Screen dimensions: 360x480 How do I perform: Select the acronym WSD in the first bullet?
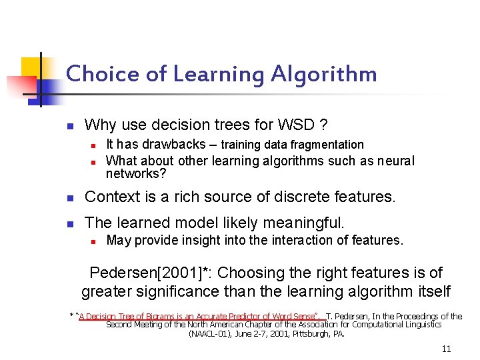click(x=298, y=125)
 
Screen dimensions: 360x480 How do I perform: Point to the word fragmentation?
click(x=330, y=145)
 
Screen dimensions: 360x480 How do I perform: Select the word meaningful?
click(x=310, y=223)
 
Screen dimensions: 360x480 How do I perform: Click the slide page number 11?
click(x=447, y=349)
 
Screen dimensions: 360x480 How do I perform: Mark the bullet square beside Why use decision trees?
click(x=71, y=125)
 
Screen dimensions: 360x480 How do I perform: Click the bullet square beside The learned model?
click(x=71, y=223)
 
